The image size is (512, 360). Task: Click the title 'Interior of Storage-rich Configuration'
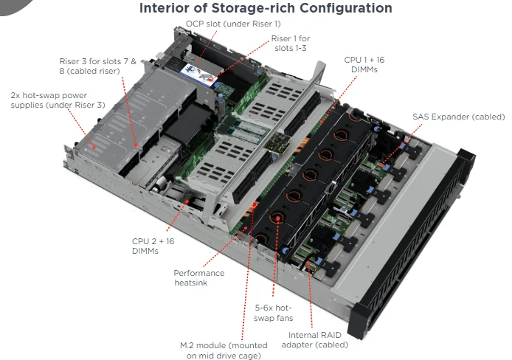pyautogui.click(x=265, y=9)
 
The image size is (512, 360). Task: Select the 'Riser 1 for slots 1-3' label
pyautogui.click(x=290, y=43)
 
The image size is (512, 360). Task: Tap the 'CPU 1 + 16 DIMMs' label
pyautogui.click(x=366, y=63)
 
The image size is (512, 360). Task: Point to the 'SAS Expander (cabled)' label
pyautogui.click(x=458, y=117)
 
